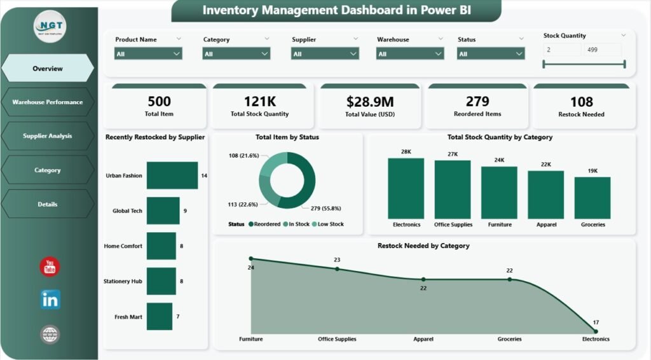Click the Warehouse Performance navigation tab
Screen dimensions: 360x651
(x=48, y=102)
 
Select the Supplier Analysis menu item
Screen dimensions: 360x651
(x=48, y=136)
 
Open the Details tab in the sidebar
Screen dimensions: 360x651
(x=48, y=204)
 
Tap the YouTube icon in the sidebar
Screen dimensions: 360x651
(x=50, y=267)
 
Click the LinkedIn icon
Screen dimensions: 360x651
(x=50, y=300)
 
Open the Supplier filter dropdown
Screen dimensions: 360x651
(x=325, y=54)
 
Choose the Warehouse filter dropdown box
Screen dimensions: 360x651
(x=410, y=54)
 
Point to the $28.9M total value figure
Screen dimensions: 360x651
(x=369, y=102)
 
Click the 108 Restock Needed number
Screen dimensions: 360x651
(x=581, y=102)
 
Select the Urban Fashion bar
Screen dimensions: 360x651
(x=172, y=176)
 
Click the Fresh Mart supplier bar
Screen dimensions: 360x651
(x=159, y=316)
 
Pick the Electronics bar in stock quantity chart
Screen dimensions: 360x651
(x=406, y=188)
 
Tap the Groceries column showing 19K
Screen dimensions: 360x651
(x=592, y=198)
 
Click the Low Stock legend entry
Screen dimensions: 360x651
(x=328, y=224)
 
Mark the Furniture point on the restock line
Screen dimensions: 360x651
(x=251, y=259)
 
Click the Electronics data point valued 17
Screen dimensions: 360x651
(x=596, y=331)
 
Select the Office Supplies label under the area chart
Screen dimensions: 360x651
(x=337, y=339)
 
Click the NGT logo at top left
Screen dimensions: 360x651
(x=50, y=27)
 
